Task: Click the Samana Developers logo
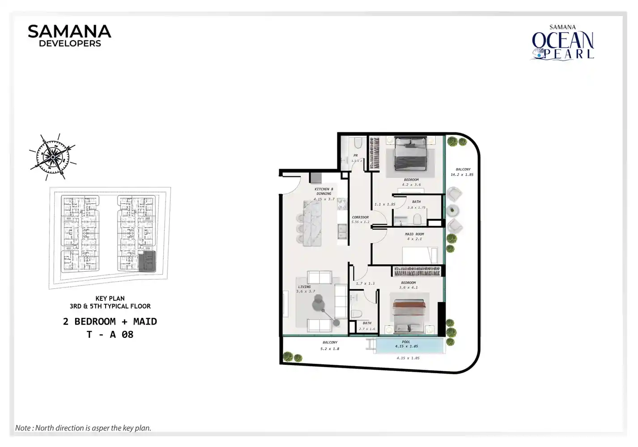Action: (x=69, y=36)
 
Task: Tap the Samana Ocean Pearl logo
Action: (x=563, y=42)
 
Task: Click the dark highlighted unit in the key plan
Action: (x=147, y=261)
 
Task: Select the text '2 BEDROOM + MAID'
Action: (x=110, y=321)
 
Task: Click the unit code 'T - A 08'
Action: (x=110, y=334)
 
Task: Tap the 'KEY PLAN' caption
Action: (x=110, y=299)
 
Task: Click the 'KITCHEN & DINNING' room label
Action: (x=324, y=191)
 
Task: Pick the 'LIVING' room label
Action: (x=304, y=287)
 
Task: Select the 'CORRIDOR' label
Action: (x=360, y=217)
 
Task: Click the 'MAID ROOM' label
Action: (x=414, y=234)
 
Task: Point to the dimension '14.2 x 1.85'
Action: (x=462, y=175)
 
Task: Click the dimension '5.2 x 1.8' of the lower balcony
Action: (x=330, y=349)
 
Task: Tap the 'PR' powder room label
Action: (x=356, y=156)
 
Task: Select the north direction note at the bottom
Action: (x=83, y=428)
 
